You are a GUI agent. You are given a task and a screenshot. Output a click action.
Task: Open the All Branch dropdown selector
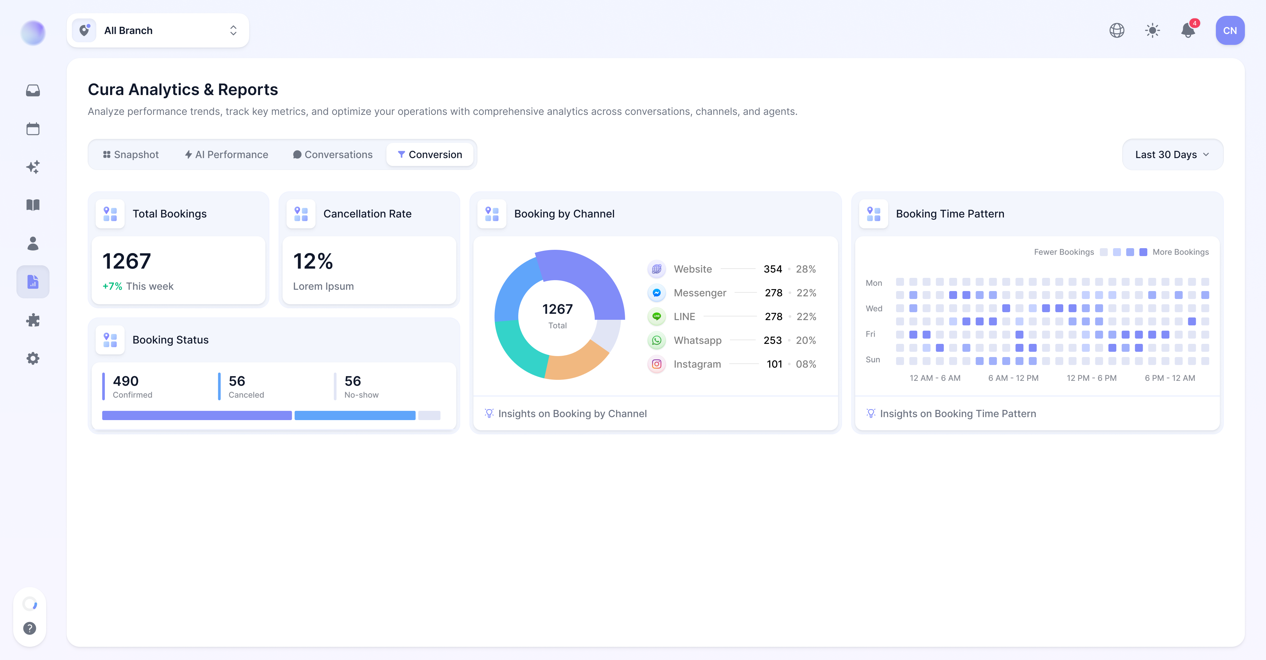click(x=158, y=30)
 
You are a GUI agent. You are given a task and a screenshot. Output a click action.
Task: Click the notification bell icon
click(x=1188, y=30)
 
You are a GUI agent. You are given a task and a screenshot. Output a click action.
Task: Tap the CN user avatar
click(x=1230, y=30)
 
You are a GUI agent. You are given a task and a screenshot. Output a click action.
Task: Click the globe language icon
click(x=1117, y=30)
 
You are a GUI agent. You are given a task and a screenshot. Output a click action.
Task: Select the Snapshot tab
click(x=131, y=154)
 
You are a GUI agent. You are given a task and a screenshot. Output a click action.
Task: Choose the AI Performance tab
click(x=226, y=154)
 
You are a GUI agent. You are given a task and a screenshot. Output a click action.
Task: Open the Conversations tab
click(x=333, y=154)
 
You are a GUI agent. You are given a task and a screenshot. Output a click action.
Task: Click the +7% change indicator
click(x=112, y=286)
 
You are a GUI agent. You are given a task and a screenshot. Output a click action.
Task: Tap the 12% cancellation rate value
click(x=313, y=261)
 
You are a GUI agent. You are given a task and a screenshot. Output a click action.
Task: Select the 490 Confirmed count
click(x=126, y=381)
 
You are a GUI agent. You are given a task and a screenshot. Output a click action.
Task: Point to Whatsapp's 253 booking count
click(x=772, y=340)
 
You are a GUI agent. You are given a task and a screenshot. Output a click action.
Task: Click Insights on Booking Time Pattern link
click(x=958, y=413)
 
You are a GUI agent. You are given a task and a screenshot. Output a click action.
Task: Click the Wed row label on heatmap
click(x=874, y=308)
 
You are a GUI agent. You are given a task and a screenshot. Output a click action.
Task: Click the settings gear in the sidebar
click(x=33, y=358)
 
